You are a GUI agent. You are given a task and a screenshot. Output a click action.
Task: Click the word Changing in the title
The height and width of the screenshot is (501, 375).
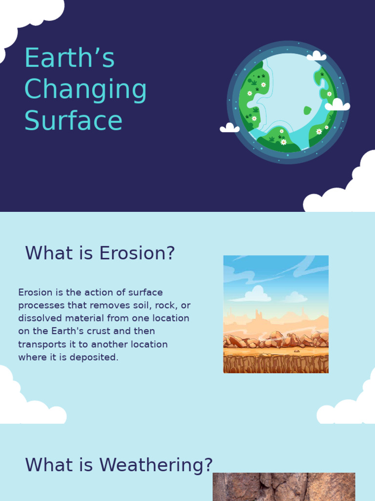pos(85,90)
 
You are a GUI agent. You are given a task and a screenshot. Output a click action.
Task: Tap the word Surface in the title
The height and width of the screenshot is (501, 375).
pos(73,121)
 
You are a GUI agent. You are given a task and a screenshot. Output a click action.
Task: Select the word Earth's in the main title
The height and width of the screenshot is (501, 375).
pos(69,58)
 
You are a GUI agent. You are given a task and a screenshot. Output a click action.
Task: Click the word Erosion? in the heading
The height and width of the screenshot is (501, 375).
pos(137,253)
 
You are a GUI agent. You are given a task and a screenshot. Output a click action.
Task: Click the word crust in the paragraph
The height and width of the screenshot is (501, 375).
pos(97,331)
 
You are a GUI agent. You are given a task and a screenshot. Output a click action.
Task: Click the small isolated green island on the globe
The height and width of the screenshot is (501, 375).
pos(308,111)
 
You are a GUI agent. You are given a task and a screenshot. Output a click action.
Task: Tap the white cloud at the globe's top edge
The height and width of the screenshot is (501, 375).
pos(316,56)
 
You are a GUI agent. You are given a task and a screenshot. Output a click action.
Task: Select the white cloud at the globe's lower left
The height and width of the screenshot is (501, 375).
pos(229,128)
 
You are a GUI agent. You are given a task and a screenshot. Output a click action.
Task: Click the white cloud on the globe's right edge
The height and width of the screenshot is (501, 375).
pos(337,105)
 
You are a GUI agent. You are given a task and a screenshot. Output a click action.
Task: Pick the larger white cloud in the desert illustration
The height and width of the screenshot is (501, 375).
pos(256,294)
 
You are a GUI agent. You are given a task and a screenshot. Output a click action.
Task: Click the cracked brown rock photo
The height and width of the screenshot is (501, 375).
pos(284,486)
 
